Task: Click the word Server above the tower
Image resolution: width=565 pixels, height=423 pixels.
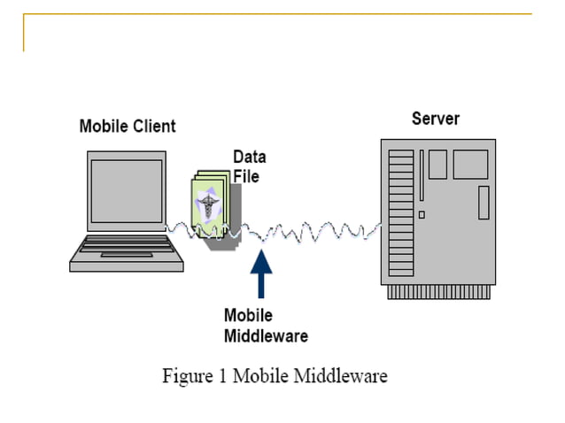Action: (436, 119)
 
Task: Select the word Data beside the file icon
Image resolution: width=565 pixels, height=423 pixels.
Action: (249, 157)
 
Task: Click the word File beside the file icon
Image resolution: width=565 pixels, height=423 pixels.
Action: (245, 175)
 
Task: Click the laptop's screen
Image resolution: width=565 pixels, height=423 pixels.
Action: (126, 192)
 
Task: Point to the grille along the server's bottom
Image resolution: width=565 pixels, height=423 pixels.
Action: (438, 291)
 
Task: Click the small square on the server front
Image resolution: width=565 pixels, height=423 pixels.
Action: (422, 214)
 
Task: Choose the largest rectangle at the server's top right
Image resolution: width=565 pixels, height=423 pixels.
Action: (470, 165)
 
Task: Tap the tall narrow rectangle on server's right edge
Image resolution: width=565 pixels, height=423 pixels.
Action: (484, 203)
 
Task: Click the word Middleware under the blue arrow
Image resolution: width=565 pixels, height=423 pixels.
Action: (265, 335)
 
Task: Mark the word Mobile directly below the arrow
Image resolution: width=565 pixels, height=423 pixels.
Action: (248, 316)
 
